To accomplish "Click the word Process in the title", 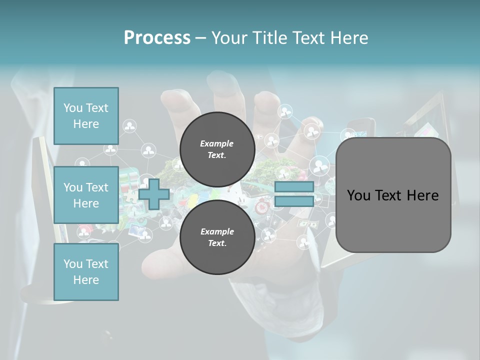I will click(157, 38).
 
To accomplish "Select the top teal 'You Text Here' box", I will click(86, 116).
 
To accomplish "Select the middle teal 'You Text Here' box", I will click(86, 195).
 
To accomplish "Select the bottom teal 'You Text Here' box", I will click(86, 272).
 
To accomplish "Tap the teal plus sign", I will click(154, 194).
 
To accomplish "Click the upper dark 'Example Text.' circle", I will click(217, 149).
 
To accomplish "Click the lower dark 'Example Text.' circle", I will click(217, 237).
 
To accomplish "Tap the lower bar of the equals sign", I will click(294, 201).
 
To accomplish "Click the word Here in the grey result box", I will click(422, 195).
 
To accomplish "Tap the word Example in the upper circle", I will click(216, 143).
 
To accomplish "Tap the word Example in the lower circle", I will click(216, 231).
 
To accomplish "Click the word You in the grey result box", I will click(358, 195).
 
